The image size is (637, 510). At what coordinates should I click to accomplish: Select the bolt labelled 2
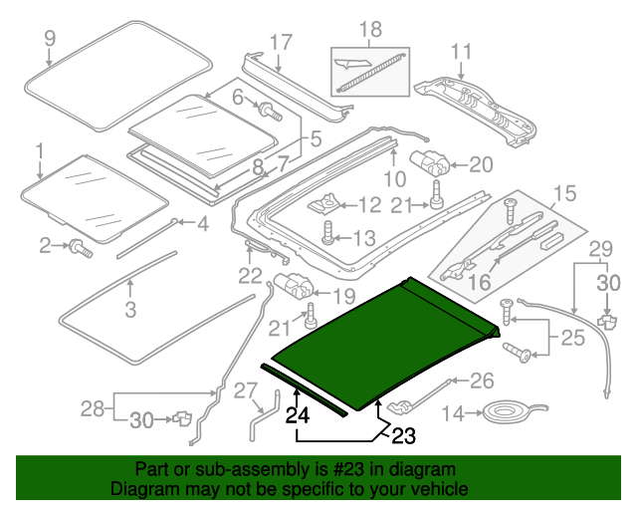(79, 246)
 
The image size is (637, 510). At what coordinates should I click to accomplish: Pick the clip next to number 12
(322, 205)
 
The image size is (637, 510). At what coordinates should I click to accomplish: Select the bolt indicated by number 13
(328, 237)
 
